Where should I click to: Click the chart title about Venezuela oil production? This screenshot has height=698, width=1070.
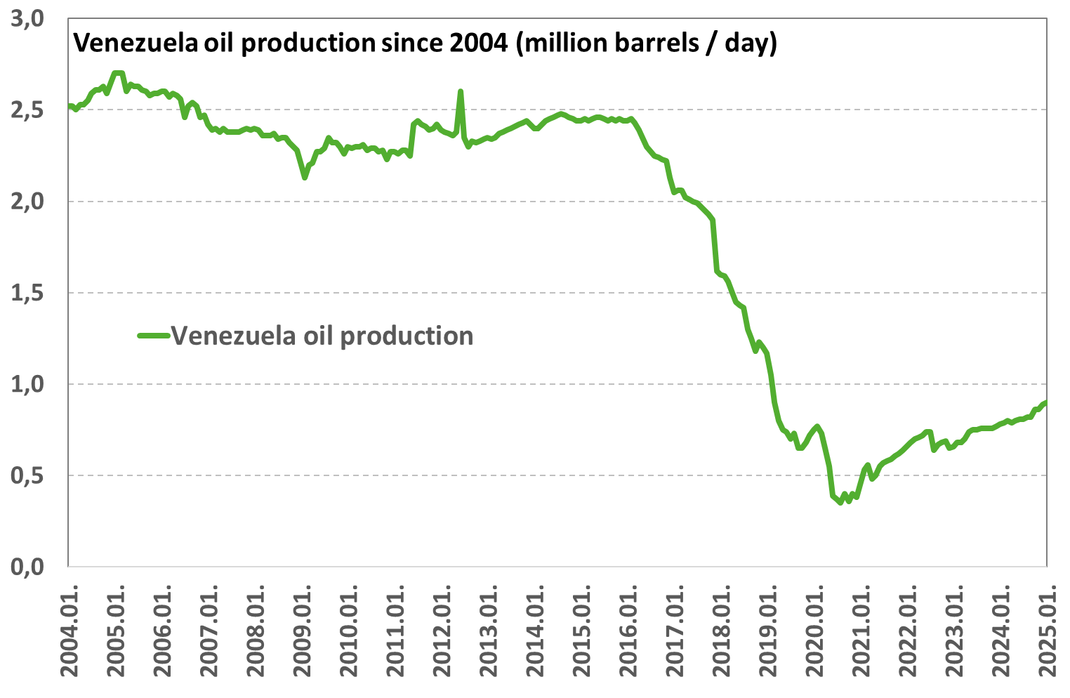click(425, 44)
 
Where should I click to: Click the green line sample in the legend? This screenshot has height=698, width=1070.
click(154, 336)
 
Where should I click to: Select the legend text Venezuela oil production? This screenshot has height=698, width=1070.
click(322, 336)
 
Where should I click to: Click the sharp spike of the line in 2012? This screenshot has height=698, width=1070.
click(461, 91)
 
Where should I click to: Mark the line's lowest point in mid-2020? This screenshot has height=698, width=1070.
click(840, 502)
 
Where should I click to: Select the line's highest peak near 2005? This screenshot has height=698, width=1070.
click(119, 72)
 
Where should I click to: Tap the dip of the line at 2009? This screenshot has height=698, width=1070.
click(304, 178)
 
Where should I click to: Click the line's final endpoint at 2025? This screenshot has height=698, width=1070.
click(1046, 402)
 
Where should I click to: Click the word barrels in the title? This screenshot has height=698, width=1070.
click(659, 44)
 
